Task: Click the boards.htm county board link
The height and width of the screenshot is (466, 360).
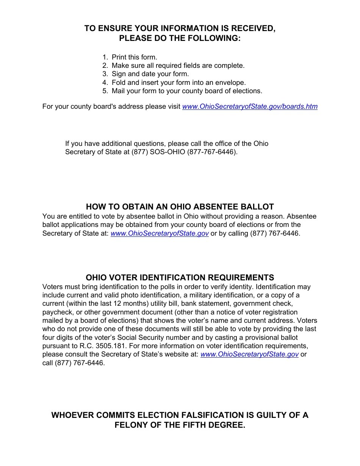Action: (250, 106)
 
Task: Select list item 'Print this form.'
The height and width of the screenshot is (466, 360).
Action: (134, 57)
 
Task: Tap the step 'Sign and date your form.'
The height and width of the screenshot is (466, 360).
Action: (150, 74)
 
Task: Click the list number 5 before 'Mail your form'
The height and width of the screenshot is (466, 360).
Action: (105, 91)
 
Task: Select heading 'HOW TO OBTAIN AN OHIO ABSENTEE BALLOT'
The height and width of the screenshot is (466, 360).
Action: (180, 207)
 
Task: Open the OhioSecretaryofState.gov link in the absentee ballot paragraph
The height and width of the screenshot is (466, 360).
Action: (160, 233)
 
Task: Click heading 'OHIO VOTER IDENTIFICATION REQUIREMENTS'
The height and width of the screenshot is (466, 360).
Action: (180, 278)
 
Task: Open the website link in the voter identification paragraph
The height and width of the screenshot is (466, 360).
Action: (249, 355)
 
